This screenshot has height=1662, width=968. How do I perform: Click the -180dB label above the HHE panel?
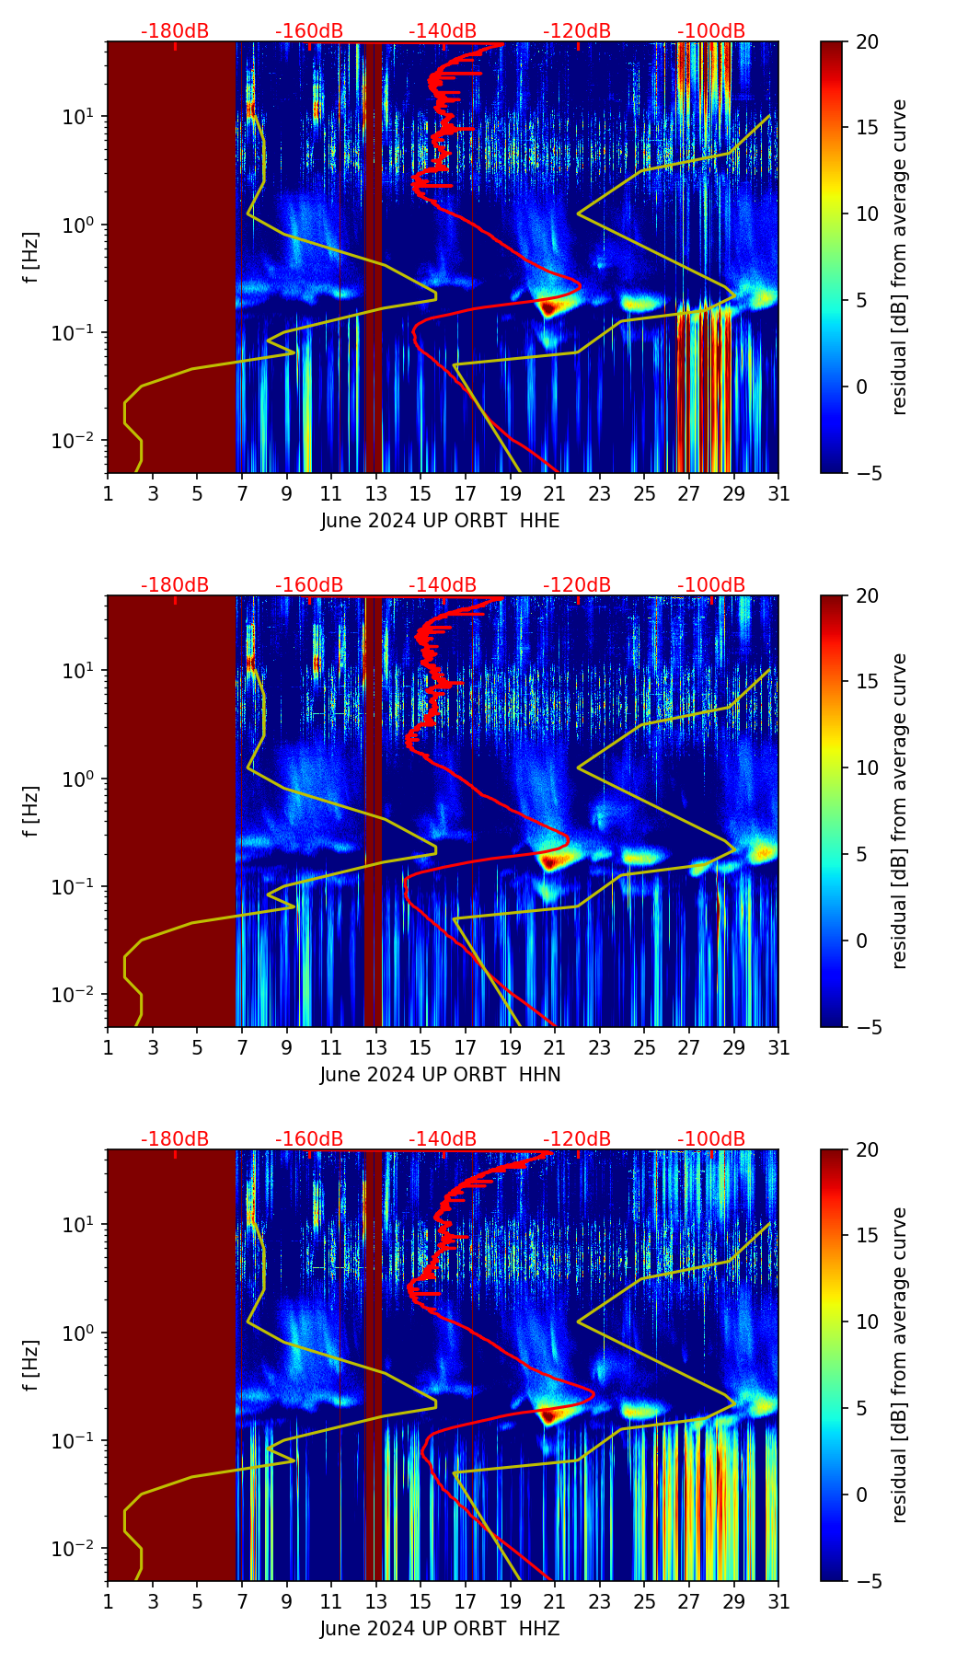click(175, 31)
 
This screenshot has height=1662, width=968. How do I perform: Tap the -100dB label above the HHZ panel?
click(711, 1139)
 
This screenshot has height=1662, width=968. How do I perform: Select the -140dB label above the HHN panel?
click(443, 585)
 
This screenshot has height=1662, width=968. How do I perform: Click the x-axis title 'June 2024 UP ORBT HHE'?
click(440, 521)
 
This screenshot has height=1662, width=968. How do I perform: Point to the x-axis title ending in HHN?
click(440, 1075)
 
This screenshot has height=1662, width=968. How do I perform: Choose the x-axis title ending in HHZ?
click(440, 1629)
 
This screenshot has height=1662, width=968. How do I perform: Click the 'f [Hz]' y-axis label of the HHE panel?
click(31, 258)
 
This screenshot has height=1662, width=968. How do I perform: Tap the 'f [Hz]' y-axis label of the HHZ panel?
click(31, 1366)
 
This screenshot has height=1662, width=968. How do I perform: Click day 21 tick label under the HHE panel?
click(555, 494)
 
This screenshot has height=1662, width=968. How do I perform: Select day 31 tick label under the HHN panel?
click(778, 1048)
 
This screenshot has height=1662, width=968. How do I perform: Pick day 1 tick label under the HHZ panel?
click(108, 1602)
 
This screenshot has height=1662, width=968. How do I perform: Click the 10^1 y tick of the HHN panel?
click(79, 671)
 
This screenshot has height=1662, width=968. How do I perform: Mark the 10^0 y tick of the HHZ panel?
click(79, 1333)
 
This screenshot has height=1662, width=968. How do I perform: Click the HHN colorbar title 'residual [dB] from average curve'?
click(900, 811)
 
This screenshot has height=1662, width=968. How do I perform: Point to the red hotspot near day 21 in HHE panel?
click(548, 307)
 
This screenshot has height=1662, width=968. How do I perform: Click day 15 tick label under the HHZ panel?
click(421, 1602)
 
